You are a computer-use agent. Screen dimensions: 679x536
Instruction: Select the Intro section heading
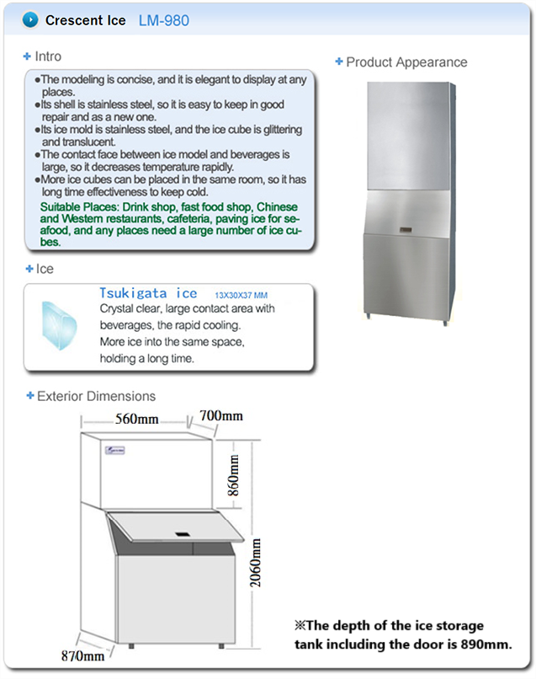pos(48,56)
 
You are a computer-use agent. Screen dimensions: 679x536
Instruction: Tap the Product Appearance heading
pos(406,61)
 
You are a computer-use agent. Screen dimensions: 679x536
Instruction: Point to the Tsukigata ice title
pos(148,293)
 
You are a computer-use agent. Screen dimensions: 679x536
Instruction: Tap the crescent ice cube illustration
pos(60,323)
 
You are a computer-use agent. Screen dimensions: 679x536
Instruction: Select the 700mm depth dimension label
pos(222,416)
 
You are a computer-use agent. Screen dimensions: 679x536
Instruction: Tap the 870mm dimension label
pos(82,655)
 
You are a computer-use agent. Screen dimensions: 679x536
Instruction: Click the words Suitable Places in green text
pos(76,207)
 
